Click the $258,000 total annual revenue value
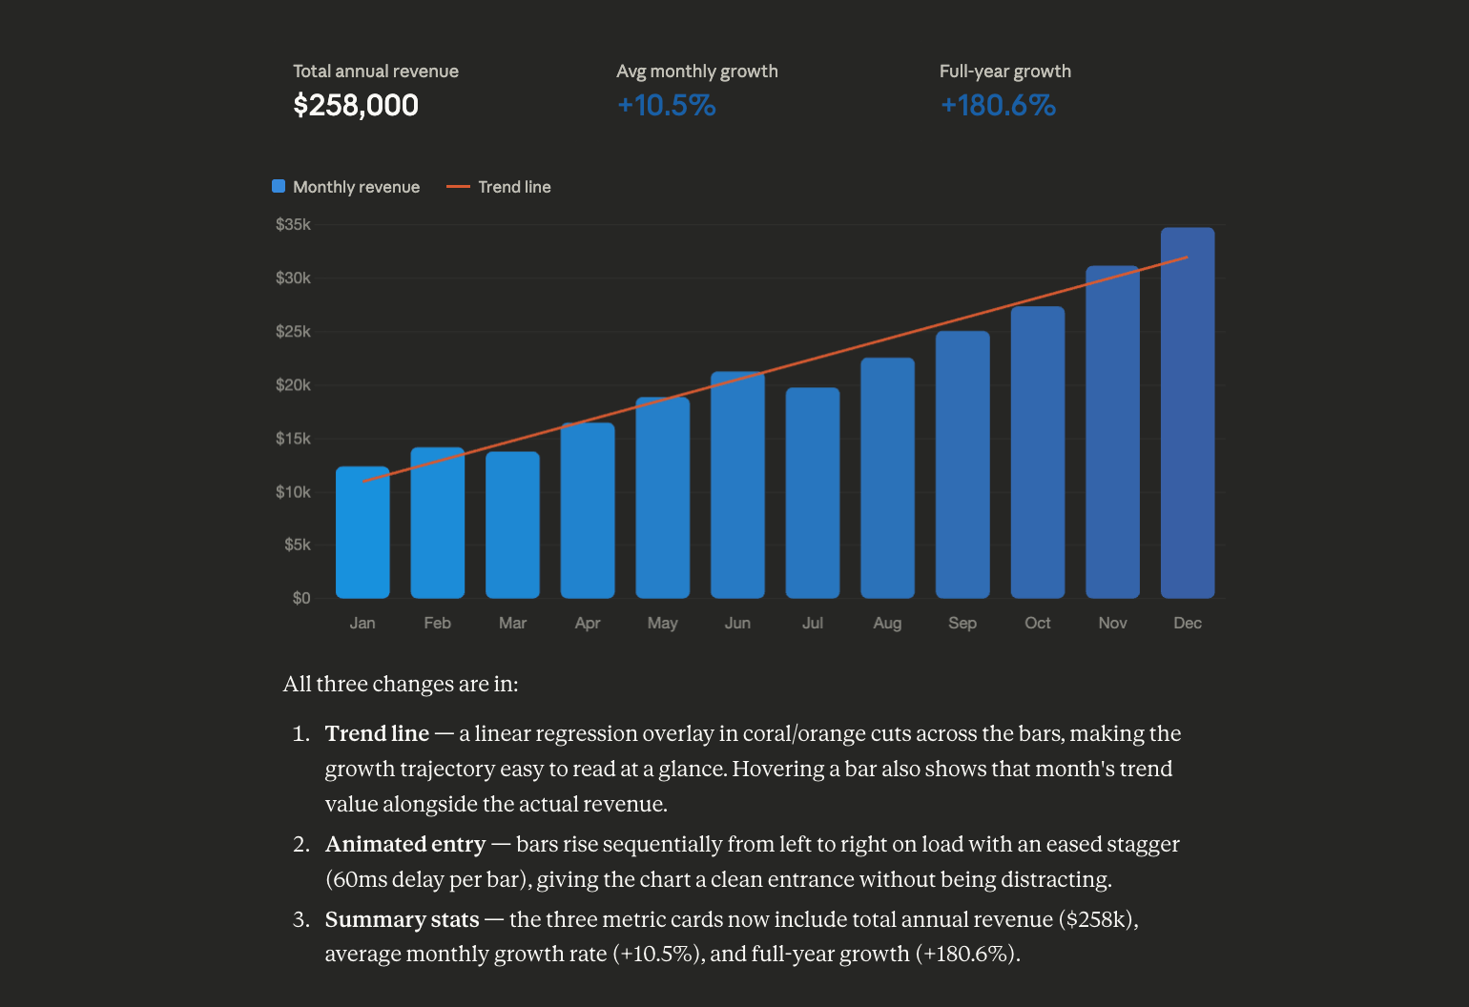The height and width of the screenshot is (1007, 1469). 355,105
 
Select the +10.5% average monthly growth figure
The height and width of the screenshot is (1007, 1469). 666,105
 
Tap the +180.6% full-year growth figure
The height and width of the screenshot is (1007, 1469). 998,105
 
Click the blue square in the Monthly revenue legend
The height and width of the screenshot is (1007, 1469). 279,186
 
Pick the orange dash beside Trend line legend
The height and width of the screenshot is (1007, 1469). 458,187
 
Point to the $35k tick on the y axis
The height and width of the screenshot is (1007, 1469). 293,225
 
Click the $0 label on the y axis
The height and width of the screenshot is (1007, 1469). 300,598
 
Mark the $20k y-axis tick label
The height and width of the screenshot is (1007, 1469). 293,385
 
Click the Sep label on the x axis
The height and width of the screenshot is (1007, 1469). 962,623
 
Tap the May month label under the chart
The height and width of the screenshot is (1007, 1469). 662,623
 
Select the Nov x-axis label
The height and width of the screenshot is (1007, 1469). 1112,623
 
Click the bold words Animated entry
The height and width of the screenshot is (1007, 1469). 405,845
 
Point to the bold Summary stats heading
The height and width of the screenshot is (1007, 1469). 402,919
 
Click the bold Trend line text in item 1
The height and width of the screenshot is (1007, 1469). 377,734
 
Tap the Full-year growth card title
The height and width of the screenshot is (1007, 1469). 1004,72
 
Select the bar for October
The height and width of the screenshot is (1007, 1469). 1037,452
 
